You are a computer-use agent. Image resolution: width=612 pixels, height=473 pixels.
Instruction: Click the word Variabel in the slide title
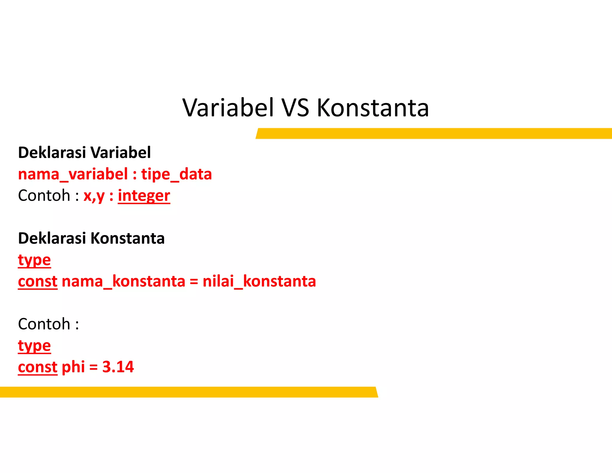tap(228, 108)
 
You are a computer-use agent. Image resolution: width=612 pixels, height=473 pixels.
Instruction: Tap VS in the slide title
tap(295, 108)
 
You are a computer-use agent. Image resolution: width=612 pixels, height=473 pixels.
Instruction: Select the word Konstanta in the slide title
tap(373, 108)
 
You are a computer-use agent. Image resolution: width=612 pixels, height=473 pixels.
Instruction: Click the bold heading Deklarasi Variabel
tap(84, 152)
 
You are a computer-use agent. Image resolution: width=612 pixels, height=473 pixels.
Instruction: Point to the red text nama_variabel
tap(73, 174)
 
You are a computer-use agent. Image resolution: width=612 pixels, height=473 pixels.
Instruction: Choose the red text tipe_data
tap(176, 174)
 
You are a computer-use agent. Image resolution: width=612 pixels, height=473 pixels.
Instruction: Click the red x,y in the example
tap(94, 196)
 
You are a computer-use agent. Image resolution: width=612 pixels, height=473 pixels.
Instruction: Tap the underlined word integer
tap(144, 196)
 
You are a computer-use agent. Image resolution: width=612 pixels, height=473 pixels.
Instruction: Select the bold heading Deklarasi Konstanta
tap(91, 238)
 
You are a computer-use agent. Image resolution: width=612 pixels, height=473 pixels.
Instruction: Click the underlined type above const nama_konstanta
tap(34, 260)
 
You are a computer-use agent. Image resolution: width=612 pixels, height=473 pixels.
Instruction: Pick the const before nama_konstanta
tap(37, 282)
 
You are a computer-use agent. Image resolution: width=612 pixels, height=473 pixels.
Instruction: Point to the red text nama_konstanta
tap(123, 282)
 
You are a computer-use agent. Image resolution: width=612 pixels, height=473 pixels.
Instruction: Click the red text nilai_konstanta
tap(259, 282)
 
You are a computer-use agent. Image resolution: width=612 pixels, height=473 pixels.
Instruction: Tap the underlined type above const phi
tap(34, 346)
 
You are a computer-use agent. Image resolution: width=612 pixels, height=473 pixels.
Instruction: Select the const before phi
tap(37, 367)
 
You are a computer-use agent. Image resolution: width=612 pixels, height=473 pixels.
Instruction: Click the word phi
tap(73, 367)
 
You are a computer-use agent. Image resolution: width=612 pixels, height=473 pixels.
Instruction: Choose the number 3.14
tap(118, 367)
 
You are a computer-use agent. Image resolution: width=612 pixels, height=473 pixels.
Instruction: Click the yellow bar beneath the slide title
tap(433, 133)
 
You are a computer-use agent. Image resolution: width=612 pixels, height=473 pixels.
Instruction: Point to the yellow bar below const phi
tap(188, 392)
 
